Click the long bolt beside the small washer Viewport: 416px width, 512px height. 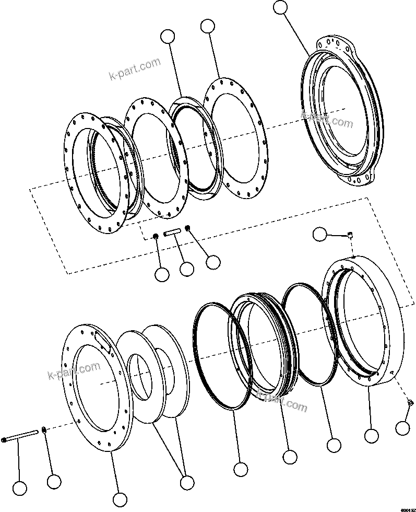click(21, 436)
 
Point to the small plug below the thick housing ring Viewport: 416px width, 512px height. click(410, 402)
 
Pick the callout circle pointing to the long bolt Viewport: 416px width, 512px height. click(19, 488)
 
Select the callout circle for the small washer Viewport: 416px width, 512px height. click(52, 482)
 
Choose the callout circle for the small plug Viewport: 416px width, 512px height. click(402, 427)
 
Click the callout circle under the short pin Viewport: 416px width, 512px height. click(186, 269)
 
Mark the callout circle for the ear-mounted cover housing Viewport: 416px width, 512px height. click(281, 7)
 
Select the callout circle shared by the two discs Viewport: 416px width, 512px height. click(185, 482)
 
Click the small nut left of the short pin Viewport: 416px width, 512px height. click(156, 238)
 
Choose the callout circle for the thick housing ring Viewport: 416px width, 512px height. click(371, 435)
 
